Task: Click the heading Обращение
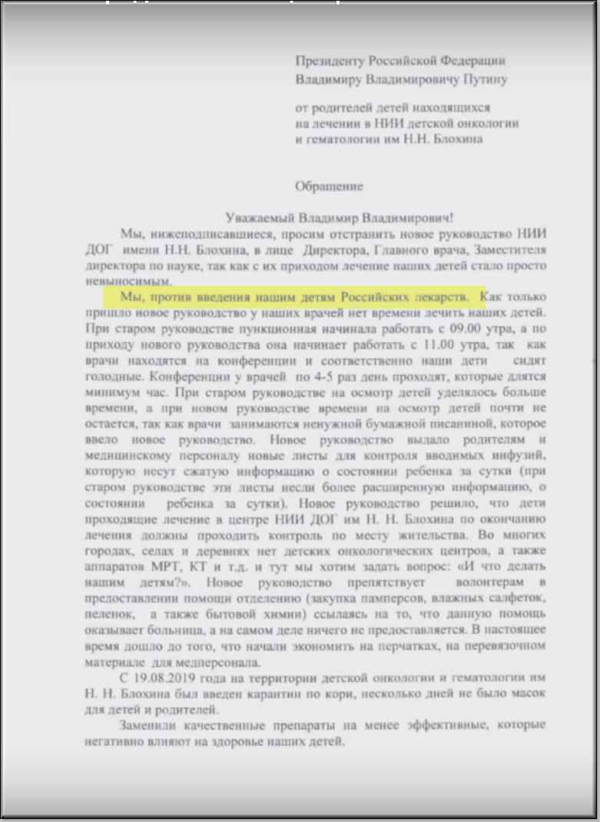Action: coord(330,186)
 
